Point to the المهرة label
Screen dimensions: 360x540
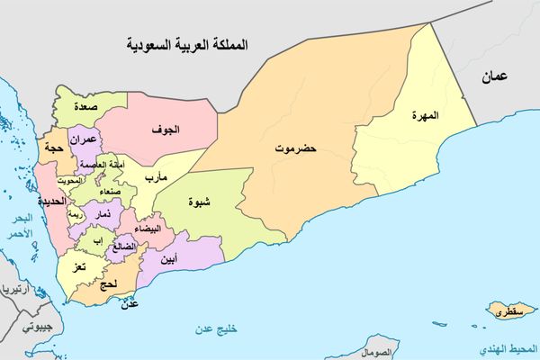pyautogui.click(x=424, y=116)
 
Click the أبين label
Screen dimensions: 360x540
pyautogui.click(x=168, y=259)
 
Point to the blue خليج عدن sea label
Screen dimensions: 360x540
pyautogui.click(x=220, y=330)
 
